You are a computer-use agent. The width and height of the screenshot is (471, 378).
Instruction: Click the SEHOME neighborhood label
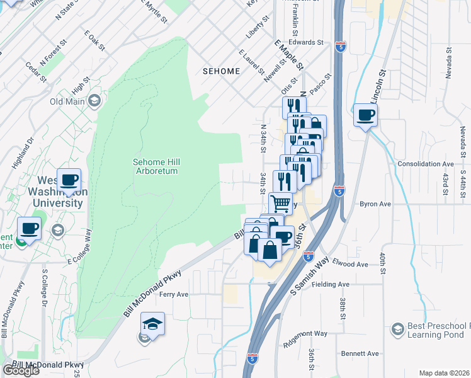tap(221, 71)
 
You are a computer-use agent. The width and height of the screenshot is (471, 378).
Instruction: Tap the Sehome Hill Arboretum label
tap(155, 166)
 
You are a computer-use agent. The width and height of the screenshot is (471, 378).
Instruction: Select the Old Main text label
tap(67, 101)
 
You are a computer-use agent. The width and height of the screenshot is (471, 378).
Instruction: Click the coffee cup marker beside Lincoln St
tap(365, 115)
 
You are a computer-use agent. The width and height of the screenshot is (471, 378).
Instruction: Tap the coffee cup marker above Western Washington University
tap(69, 181)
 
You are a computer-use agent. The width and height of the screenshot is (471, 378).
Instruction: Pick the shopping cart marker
tap(280, 203)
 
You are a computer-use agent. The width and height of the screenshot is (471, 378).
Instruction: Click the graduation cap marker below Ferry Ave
tap(152, 324)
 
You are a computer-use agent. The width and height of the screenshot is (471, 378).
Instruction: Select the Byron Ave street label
tap(375, 204)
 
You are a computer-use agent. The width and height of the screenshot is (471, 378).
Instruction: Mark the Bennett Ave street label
tap(360, 353)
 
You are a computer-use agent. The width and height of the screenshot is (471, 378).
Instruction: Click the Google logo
tap(21, 370)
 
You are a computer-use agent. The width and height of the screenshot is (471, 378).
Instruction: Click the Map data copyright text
tap(444, 373)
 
